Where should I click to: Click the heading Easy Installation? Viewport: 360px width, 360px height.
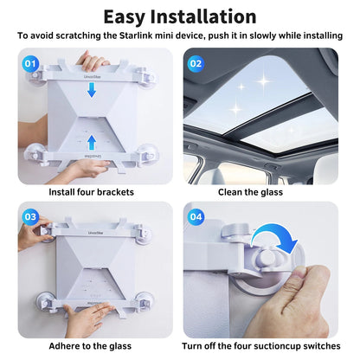pos(180,16)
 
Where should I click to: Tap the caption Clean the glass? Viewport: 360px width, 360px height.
pos(263,192)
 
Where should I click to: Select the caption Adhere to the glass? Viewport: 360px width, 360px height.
pos(91,346)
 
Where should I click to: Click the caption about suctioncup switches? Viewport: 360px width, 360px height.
pos(263,346)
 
